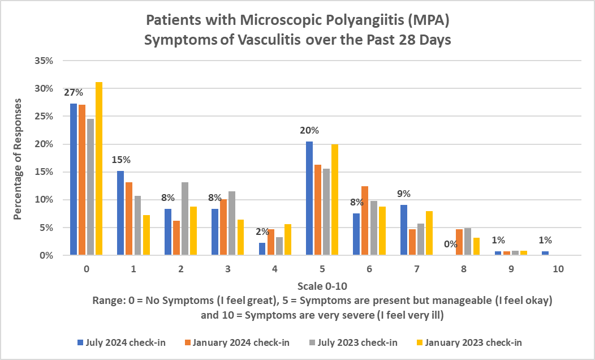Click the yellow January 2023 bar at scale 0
pos(98,169)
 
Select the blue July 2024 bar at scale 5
pos(309,199)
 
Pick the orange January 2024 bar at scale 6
pos(365,221)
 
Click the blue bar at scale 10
pos(545,253)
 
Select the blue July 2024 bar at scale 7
pos(404,230)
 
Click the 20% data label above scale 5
pos(309,130)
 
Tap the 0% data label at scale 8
pos(451,244)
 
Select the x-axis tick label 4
pos(274,269)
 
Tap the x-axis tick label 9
pos(511,269)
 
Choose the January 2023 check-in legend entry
pos(473,342)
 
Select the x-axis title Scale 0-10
pos(321,287)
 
